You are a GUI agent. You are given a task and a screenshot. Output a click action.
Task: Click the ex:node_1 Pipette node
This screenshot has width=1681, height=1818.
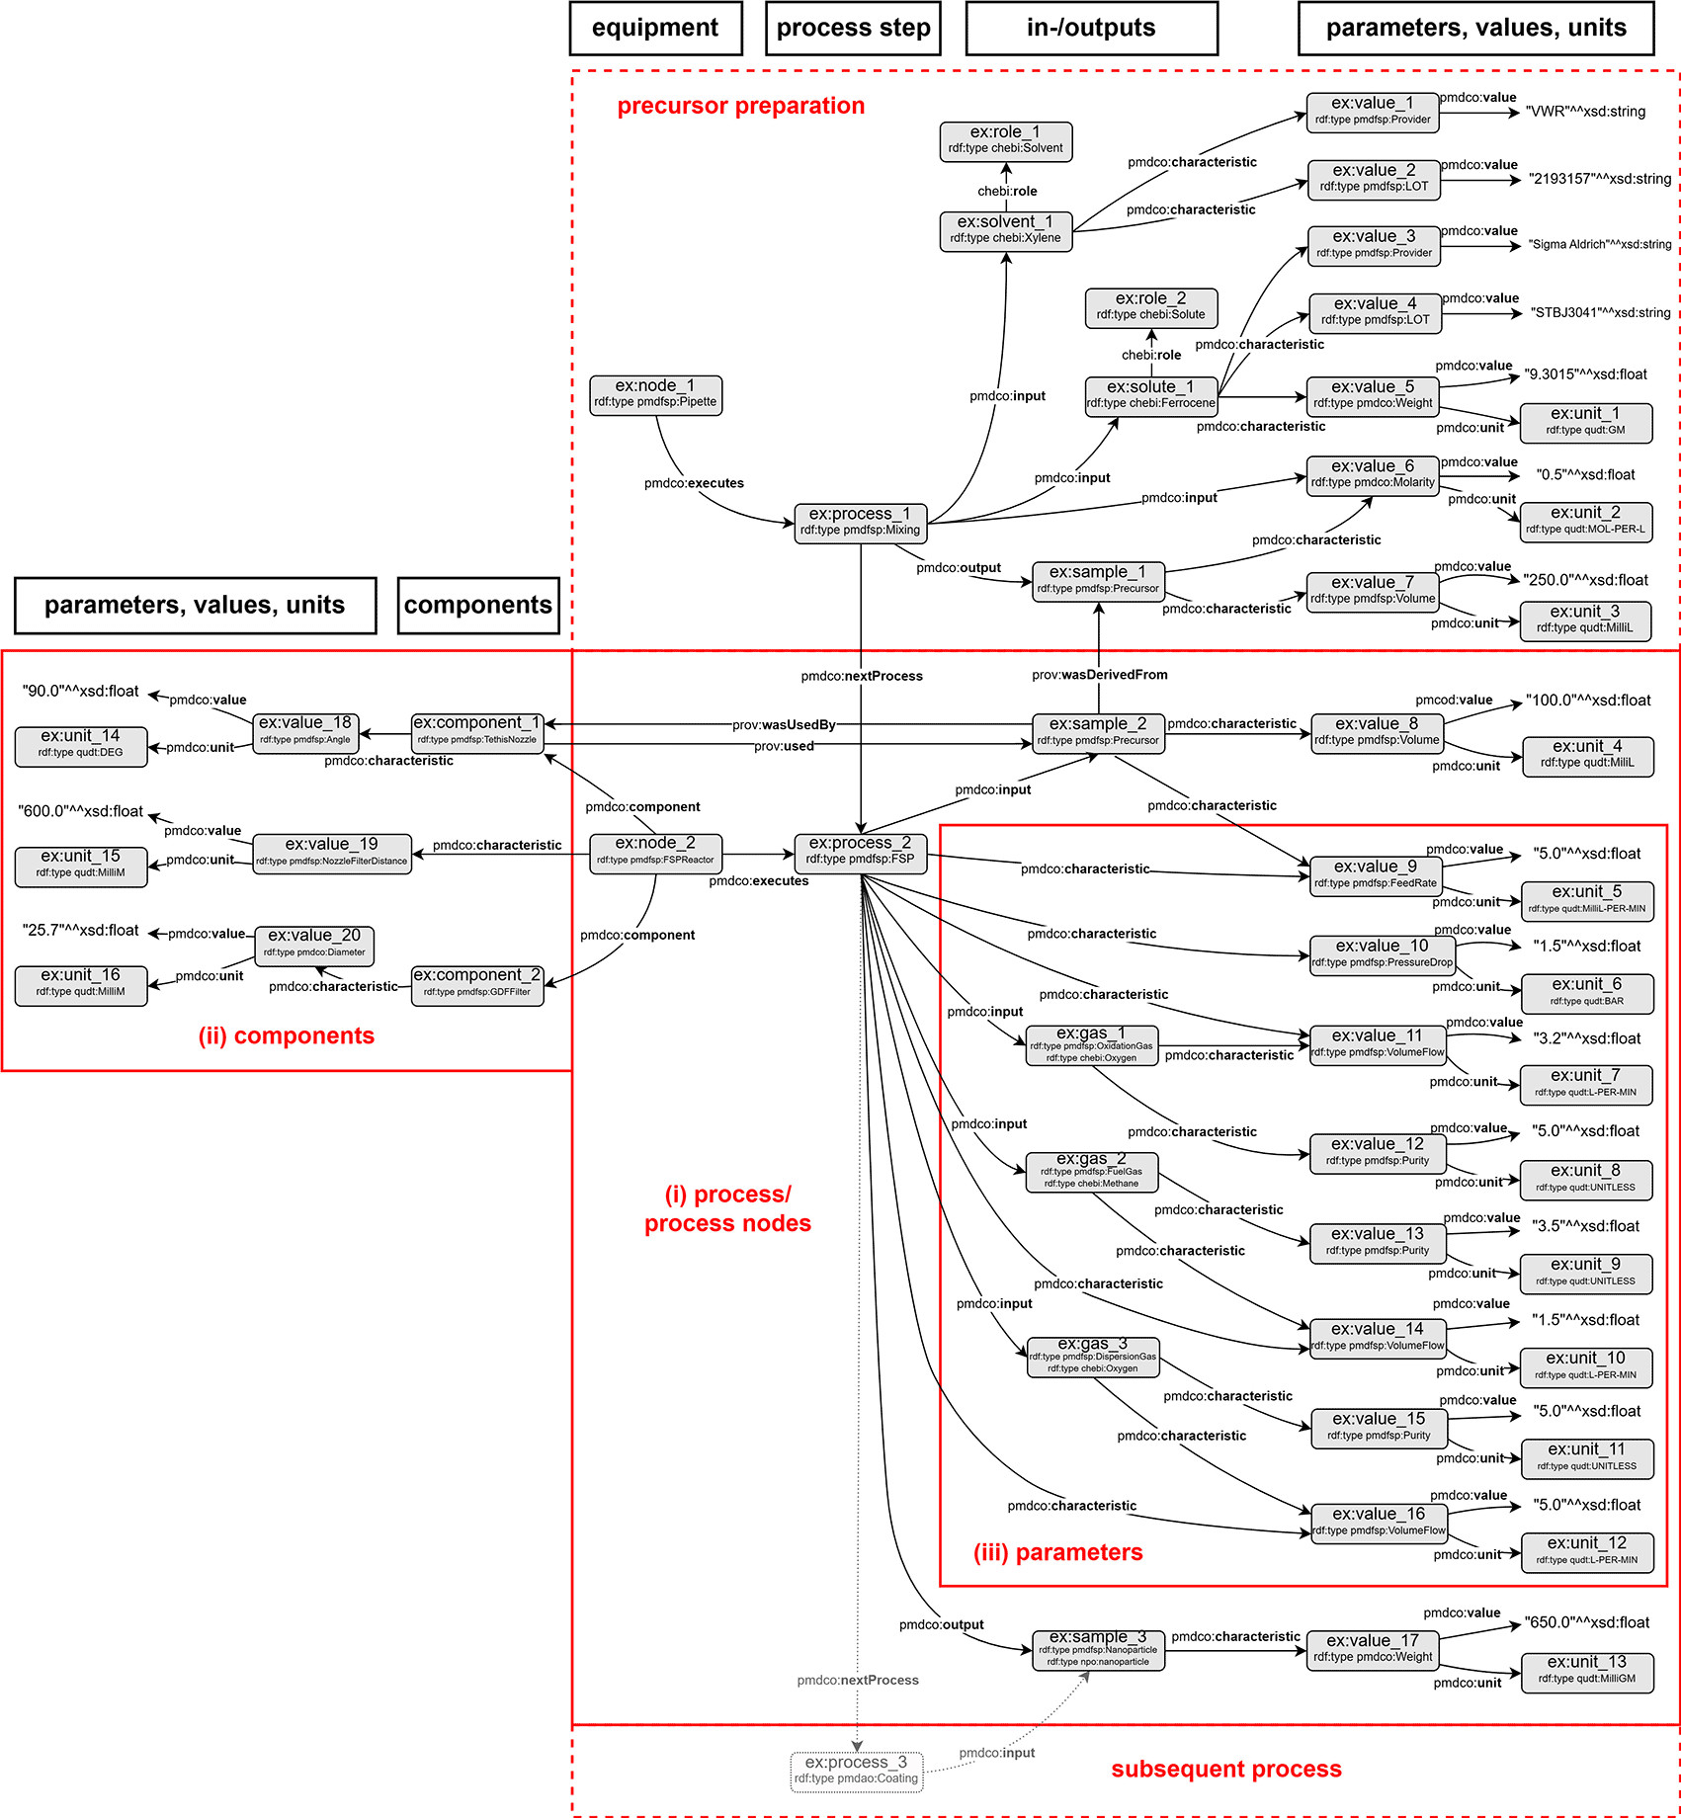pos(655,394)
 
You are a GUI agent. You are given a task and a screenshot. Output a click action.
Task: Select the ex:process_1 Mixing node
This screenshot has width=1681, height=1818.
pos(860,522)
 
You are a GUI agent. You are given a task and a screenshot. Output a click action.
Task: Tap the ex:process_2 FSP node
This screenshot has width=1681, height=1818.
pos(860,851)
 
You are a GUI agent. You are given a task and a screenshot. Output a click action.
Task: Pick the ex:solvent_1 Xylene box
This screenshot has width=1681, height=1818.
pos(1005,229)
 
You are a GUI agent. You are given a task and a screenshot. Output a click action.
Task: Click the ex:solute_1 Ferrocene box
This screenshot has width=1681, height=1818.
pos(1150,394)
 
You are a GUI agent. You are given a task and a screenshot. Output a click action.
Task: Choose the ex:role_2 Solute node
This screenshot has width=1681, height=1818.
pos(1150,306)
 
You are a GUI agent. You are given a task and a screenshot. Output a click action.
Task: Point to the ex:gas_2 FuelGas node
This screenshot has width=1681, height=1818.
pos(1091,1170)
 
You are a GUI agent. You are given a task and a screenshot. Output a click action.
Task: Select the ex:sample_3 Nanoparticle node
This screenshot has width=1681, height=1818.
pos(1098,1649)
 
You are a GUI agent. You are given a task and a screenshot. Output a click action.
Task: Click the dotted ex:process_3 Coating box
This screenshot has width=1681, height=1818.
pos(856,1770)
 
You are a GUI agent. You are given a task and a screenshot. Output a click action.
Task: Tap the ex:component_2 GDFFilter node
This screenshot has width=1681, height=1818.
pos(476,983)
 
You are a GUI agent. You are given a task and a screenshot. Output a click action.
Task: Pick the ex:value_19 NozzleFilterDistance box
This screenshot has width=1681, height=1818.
pos(331,852)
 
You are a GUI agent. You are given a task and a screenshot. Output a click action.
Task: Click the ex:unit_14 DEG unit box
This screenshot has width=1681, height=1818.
pos(80,744)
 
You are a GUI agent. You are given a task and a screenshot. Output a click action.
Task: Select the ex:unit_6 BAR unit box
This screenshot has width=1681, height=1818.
pos(1586,992)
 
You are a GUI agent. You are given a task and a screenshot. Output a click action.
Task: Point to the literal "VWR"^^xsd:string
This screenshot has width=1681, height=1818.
pos(1585,112)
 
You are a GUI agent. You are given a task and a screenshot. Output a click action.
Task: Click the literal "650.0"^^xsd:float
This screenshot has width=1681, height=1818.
pos(1586,1622)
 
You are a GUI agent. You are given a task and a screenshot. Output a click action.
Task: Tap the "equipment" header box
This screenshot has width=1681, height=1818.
pos(655,28)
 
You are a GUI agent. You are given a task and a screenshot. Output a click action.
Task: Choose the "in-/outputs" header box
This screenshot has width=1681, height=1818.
pos(1091,28)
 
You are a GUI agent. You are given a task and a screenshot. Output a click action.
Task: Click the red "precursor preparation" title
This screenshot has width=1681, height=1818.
pos(740,106)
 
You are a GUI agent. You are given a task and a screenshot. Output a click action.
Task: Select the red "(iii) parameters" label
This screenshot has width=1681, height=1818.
pos(1057,1552)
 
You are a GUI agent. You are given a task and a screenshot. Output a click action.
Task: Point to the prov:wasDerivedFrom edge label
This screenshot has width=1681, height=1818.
pos(1099,675)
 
